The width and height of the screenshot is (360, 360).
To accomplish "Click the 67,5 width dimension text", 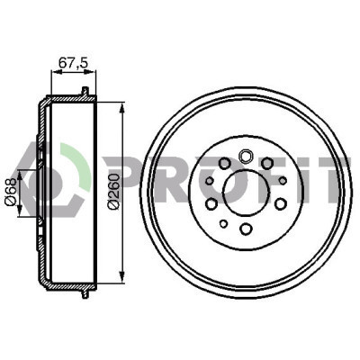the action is [x=73, y=62].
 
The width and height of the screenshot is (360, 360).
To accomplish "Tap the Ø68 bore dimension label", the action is [x=11, y=193].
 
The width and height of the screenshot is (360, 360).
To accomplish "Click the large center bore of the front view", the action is [x=245, y=193].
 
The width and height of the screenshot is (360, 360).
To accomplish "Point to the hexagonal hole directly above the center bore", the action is [x=245, y=156].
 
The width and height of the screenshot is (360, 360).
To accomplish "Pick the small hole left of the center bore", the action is [x=210, y=181].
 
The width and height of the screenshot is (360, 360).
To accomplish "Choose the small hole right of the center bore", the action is [x=283, y=181].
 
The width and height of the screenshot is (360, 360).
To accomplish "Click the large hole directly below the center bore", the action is [x=246, y=229].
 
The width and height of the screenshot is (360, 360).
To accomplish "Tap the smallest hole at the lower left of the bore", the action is [x=223, y=223].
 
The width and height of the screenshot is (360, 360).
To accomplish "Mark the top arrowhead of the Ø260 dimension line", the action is [x=121, y=108].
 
